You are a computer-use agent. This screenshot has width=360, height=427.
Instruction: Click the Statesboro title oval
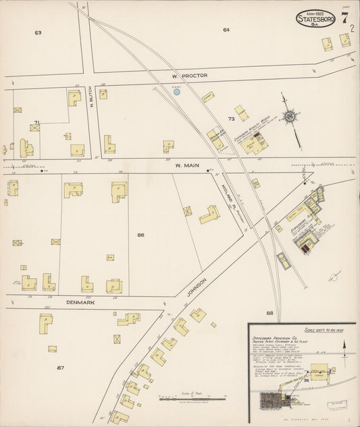tap(316, 19)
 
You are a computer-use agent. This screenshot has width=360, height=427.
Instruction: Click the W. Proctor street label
tap(190, 76)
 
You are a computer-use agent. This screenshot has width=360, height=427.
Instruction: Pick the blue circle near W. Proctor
tap(177, 91)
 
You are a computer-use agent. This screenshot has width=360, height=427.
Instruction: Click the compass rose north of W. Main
tap(290, 116)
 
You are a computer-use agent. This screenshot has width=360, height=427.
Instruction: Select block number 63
tap(38, 32)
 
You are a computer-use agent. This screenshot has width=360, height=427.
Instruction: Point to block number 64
tap(226, 30)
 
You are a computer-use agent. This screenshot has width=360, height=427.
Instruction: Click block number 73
tap(230, 119)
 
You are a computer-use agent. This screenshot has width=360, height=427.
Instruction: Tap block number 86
tap(140, 235)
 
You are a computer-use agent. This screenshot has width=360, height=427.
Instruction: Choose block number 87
tap(59, 368)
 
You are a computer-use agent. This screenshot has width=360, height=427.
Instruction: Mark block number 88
tap(269, 313)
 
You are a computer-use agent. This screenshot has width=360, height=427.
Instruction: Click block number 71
tap(36, 122)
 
